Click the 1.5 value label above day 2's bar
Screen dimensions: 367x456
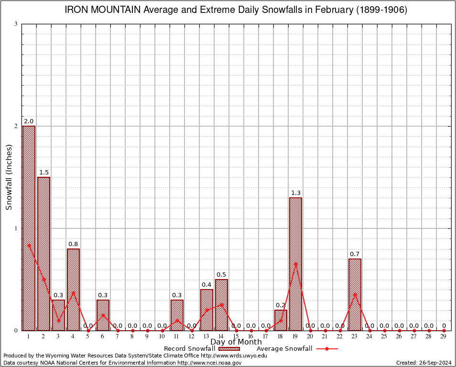click(x=43, y=173)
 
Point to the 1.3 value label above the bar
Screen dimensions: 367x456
click(x=295, y=193)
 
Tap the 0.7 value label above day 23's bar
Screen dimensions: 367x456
click(x=355, y=254)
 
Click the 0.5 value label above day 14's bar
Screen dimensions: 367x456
click(x=221, y=275)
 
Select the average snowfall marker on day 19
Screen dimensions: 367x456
click(x=295, y=264)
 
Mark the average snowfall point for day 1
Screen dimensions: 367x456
click(x=29, y=246)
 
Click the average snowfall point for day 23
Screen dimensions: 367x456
click(x=355, y=295)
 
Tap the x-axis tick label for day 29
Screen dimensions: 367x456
click(x=444, y=337)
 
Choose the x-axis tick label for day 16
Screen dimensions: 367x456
click(x=251, y=337)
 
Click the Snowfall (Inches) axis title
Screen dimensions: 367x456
click(x=9, y=177)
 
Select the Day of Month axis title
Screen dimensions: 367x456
click(x=236, y=342)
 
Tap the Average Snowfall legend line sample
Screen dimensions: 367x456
click(x=327, y=349)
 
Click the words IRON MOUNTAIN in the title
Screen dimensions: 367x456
click(x=102, y=10)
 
